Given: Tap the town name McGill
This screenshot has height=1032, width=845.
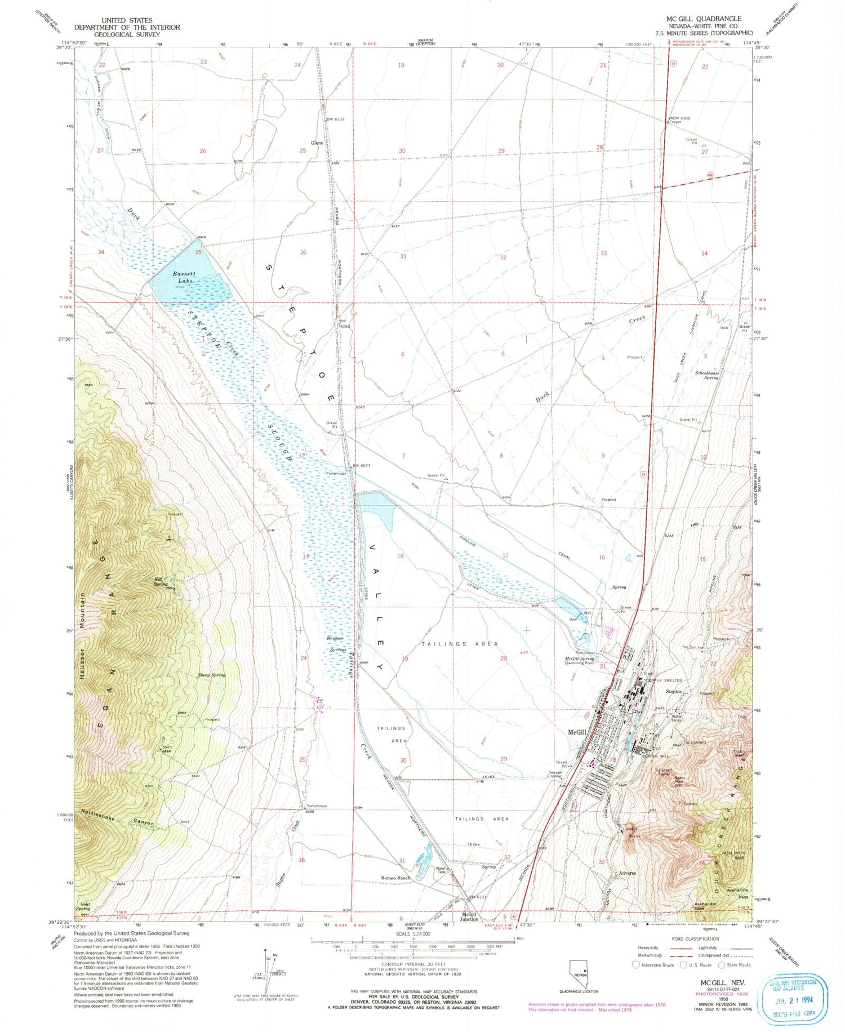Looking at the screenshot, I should [x=577, y=732].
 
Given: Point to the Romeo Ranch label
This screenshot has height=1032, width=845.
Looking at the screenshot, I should [x=395, y=878].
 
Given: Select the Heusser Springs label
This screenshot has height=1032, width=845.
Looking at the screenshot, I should [x=337, y=644].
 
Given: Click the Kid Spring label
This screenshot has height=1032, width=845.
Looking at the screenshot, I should [x=161, y=581].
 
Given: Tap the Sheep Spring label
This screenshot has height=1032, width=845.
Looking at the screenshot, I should [x=211, y=675].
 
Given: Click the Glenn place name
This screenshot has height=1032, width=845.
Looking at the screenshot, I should [x=317, y=143].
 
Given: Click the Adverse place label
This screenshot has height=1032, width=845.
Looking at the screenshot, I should [x=627, y=873].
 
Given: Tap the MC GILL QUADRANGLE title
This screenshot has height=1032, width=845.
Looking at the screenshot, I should [x=704, y=19].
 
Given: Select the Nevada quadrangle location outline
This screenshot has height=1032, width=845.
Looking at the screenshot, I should [x=583, y=973].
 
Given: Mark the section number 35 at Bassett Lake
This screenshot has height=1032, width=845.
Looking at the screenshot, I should [x=198, y=252].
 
